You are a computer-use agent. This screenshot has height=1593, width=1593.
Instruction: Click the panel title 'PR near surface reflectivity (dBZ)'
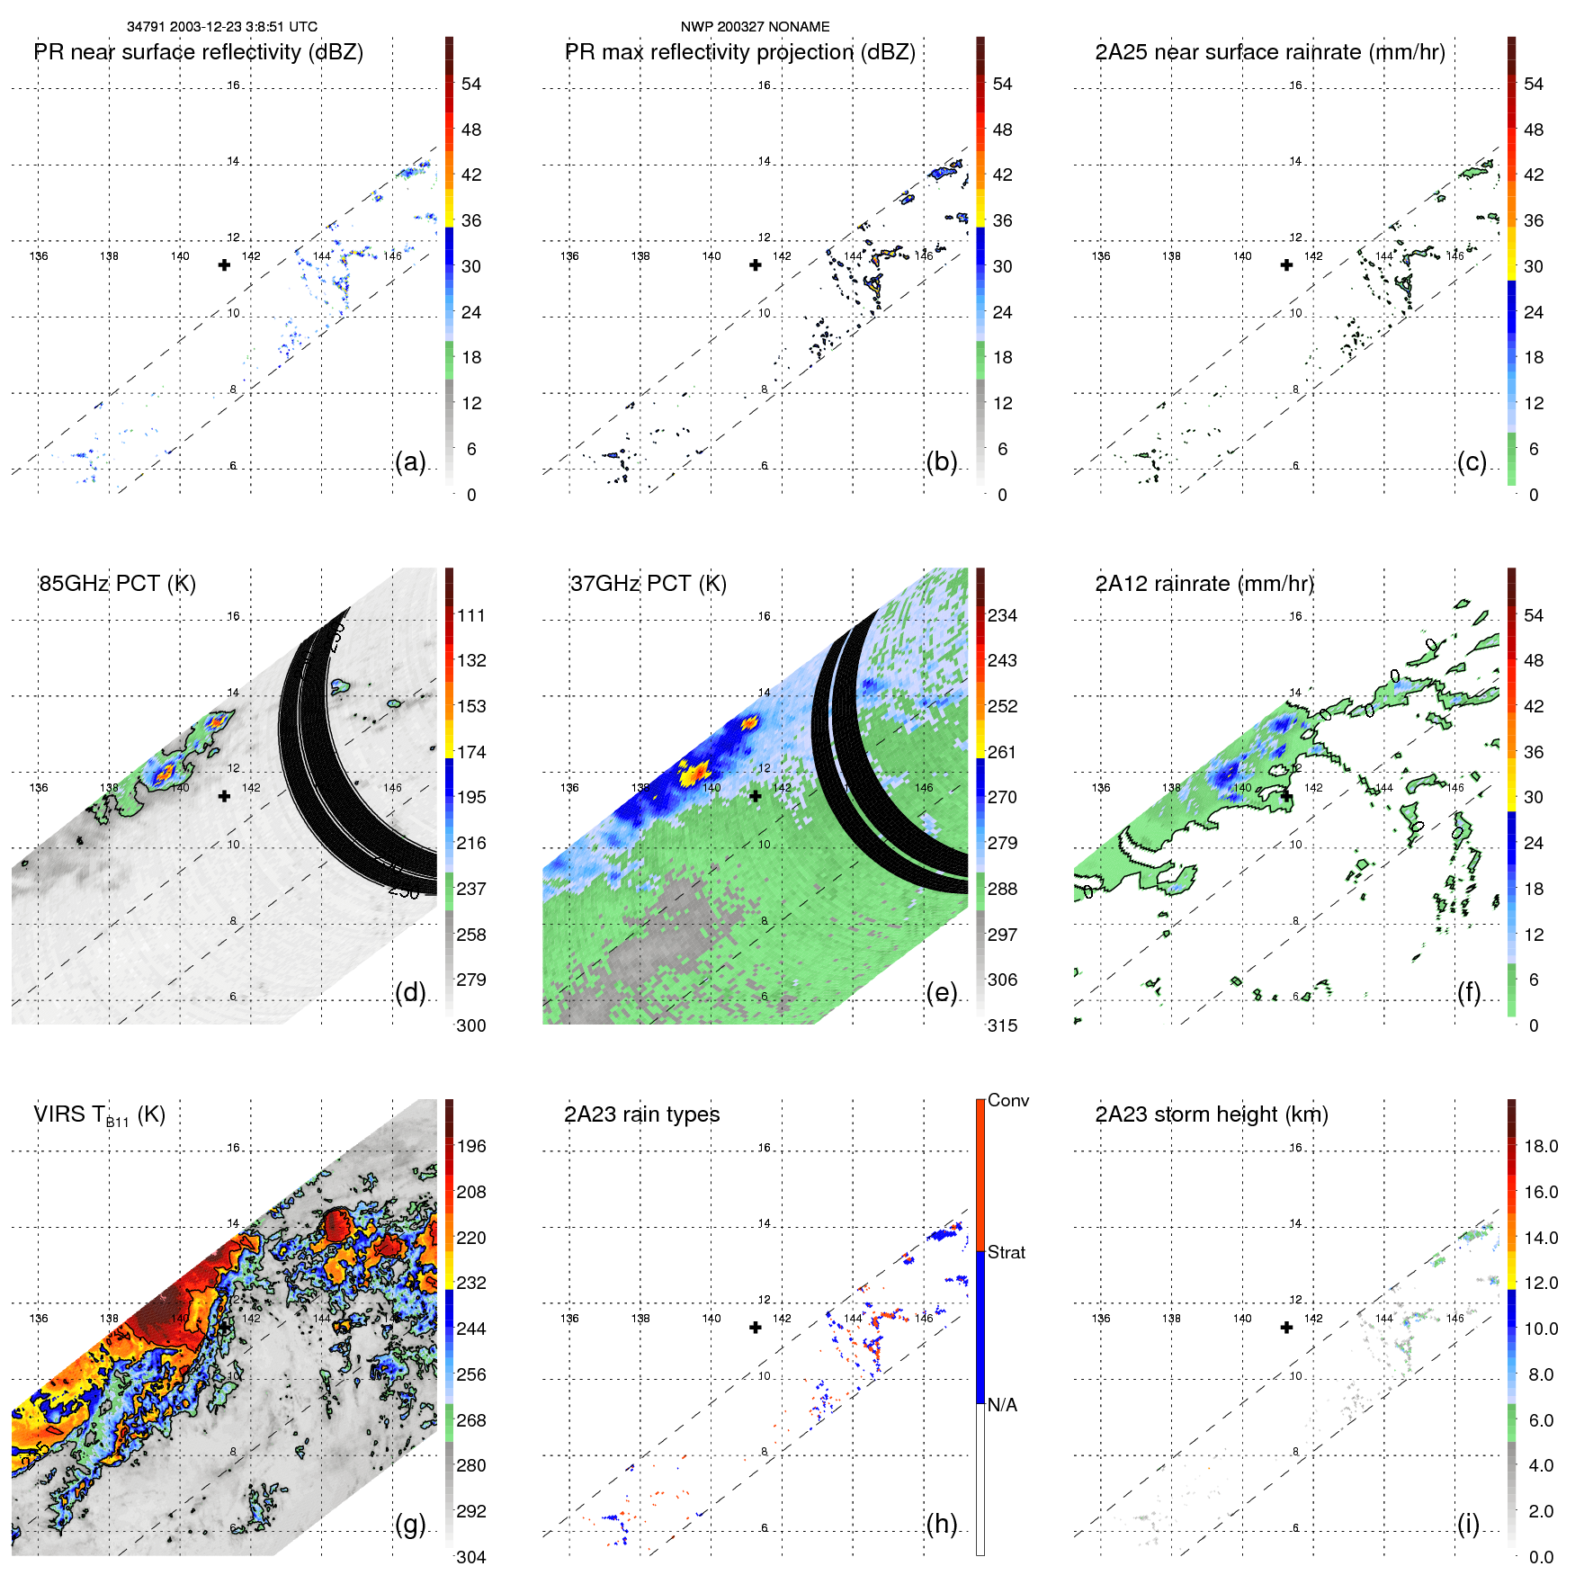pyautogui.click(x=198, y=52)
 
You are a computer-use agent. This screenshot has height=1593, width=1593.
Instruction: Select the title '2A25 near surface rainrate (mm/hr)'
pyautogui.click(x=1270, y=52)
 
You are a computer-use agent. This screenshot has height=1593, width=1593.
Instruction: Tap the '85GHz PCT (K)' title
pyautogui.click(x=117, y=584)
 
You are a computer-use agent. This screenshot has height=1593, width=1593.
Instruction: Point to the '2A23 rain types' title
pyautogui.click(x=641, y=1114)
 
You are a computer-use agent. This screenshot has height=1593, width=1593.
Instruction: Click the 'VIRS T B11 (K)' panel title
pyautogui.click(x=99, y=1115)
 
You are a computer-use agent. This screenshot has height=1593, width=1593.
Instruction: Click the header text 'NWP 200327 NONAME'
pyautogui.click(x=755, y=27)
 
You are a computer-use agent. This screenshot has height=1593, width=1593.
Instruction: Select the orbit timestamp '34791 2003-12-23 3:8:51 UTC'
pyautogui.click(x=222, y=27)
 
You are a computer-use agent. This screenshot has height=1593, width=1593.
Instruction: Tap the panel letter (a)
pyautogui.click(x=410, y=462)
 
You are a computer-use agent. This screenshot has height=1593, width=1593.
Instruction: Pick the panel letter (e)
pyautogui.click(x=941, y=993)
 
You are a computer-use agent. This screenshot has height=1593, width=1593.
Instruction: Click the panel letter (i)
pyautogui.click(x=1468, y=1525)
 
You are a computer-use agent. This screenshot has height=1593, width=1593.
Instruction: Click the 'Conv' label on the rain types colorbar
pyautogui.click(x=1007, y=1101)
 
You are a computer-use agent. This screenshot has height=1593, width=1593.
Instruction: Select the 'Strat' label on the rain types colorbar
pyautogui.click(x=1006, y=1253)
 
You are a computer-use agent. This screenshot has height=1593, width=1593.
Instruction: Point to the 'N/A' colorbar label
pyautogui.click(x=1002, y=1405)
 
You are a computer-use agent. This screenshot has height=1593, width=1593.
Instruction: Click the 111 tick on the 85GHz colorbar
pyautogui.click(x=471, y=616)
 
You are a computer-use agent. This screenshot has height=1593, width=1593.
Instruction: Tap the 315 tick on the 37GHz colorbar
pyautogui.click(x=1002, y=1026)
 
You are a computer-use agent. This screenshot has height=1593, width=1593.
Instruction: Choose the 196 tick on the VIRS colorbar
pyautogui.click(x=471, y=1147)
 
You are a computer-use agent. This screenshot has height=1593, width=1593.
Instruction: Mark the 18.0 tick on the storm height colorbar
pyautogui.click(x=1540, y=1147)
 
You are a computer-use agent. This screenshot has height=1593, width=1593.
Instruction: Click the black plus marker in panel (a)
pyautogui.click(x=224, y=265)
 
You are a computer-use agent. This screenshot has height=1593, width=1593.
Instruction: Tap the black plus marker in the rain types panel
pyautogui.click(x=756, y=1328)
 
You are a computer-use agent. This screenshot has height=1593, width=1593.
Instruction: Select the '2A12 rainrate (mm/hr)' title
pyautogui.click(x=1204, y=584)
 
